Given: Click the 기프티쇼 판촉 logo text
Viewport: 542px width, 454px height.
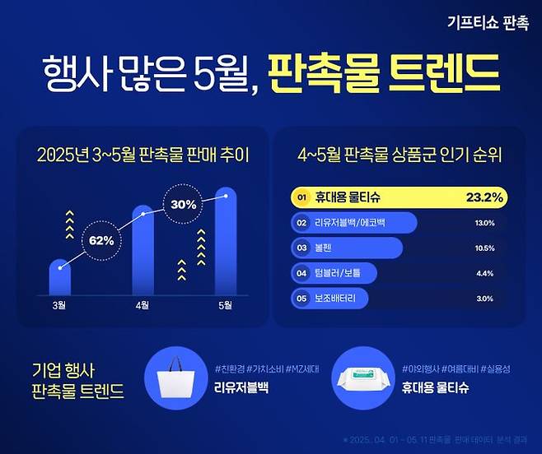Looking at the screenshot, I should [x=487, y=24].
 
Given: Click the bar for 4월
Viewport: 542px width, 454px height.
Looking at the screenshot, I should [x=143, y=251].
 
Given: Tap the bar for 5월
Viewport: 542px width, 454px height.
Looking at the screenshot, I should [x=226, y=242].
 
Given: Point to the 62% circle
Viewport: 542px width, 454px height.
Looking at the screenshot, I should [x=108, y=239].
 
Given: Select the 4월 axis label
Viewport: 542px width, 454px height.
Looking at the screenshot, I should [x=143, y=306].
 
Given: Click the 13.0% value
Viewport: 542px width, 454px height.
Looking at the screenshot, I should [x=485, y=223].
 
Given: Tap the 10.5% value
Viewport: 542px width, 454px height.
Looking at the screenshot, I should [x=485, y=248].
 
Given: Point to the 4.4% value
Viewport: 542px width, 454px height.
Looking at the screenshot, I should [x=485, y=273].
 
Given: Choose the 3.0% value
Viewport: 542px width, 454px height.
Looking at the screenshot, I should [x=485, y=299].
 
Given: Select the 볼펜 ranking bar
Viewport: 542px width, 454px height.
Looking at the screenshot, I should [x=347, y=248].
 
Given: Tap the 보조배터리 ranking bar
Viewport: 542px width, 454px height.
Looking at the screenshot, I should [x=329, y=299].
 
